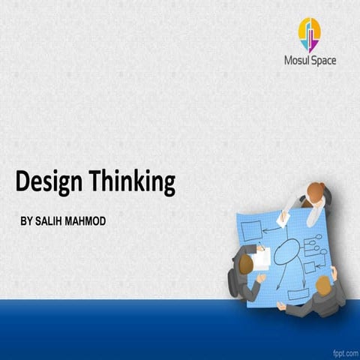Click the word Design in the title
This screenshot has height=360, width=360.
[49, 182]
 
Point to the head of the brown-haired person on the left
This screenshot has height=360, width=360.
[243, 262]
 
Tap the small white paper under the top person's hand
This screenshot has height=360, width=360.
[283, 218]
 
